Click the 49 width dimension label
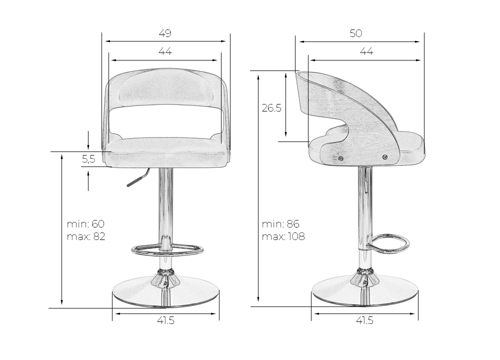[165, 33]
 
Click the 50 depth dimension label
[356, 33]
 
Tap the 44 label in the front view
[165, 51]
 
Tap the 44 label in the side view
[366, 51]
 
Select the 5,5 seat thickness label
[88, 159]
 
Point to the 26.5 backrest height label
[271, 108]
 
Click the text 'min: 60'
[85, 224]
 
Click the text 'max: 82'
[86, 236]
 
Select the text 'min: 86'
[280, 224]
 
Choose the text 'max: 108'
[283, 236]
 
